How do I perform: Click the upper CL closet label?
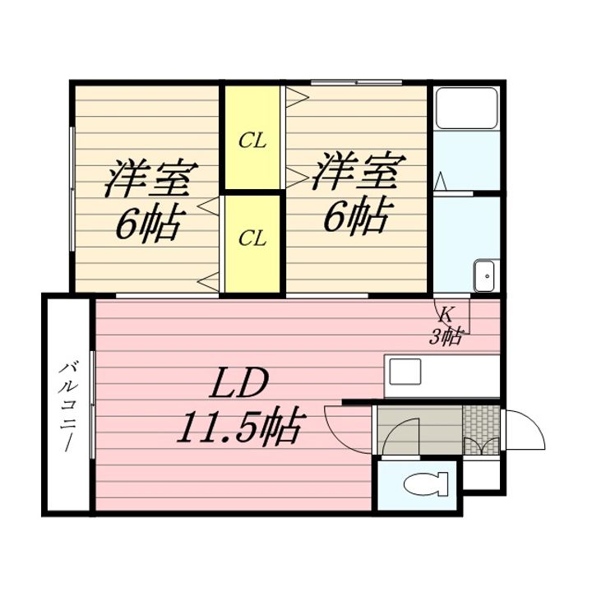click(252, 141)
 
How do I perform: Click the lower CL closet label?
click(252, 238)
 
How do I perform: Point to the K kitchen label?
click(446, 314)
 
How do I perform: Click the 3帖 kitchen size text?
click(446, 337)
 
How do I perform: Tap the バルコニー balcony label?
click(68, 406)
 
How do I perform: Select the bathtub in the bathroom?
click(467, 108)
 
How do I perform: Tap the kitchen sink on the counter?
click(405, 372)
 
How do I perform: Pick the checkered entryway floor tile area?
click(481, 430)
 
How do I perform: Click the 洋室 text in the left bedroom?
click(150, 178)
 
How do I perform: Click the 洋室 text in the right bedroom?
click(358, 171)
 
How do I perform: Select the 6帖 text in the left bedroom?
click(150, 224)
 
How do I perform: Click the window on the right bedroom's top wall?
click(356, 82)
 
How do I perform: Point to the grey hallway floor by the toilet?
click(420, 430)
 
